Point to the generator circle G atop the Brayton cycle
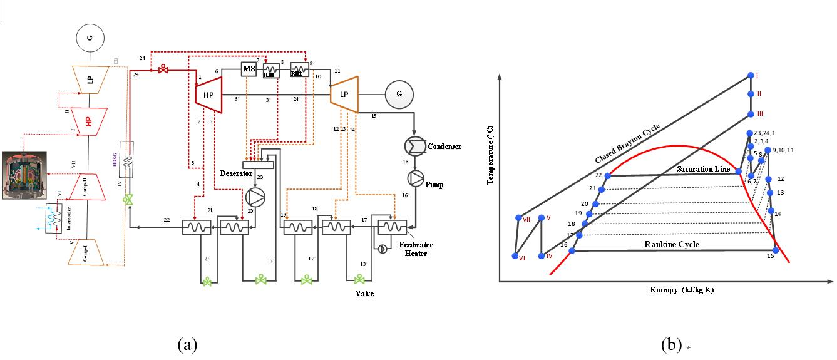pos(90,38)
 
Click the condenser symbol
pos(415,146)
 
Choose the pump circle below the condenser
pos(415,178)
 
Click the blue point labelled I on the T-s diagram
pos(751,76)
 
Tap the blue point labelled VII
pos(518,218)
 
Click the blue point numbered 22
pos(607,175)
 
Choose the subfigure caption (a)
pos(188,344)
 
